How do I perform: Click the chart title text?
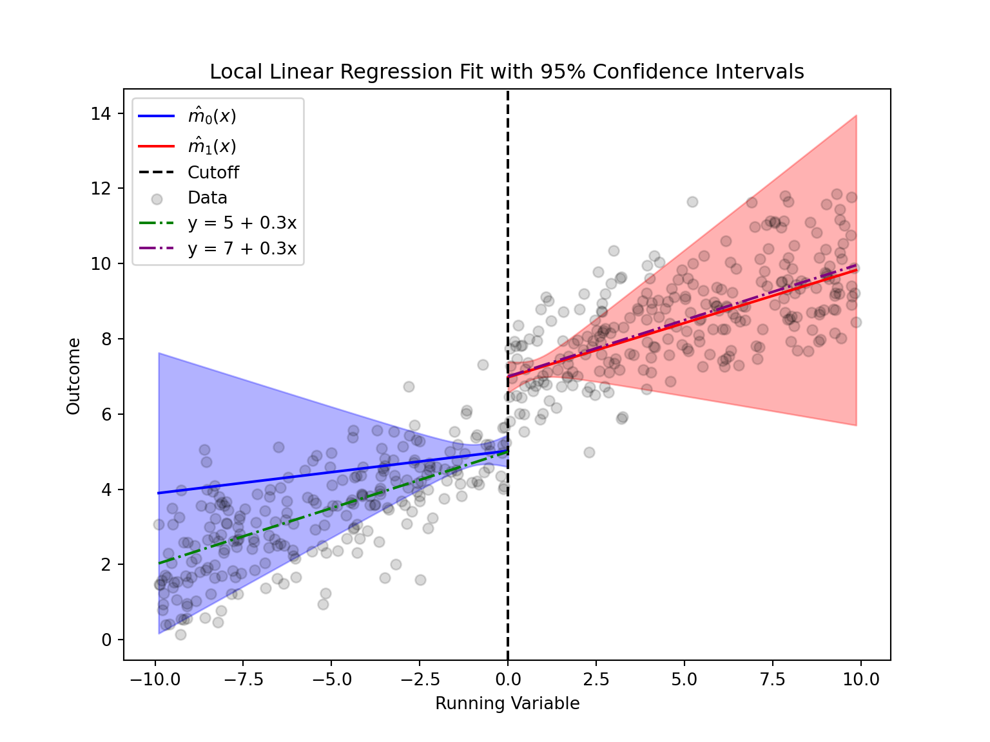[x=507, y=71]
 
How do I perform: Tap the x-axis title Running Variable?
[x=507, y=703]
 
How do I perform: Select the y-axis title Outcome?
[x=73, y=376]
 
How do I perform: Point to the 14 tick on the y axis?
[x=101, y=114]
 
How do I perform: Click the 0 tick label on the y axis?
[x=106, y=640]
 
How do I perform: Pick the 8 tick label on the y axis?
[x=106, y=339]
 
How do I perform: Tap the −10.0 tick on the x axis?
[x=155, y=680]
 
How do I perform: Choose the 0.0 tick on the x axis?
[x=508, y=680]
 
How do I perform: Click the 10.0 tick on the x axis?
[x=861, y=680]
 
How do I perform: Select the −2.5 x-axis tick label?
[x=420, y=680]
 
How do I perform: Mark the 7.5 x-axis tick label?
[x=773, y=680]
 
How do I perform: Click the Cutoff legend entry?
[x=213, y=173]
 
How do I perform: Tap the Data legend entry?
[x=208, y=198]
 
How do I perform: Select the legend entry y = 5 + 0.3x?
[x=242, y=223]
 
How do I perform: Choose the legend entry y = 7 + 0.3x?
[x=242, y=249]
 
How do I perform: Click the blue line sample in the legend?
[x=157, y=117]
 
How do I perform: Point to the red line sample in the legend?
[x=157, y=146]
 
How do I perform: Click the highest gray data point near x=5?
[x=692, y=202]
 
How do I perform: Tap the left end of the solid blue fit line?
[x=159, y=493]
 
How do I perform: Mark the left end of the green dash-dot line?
[x=159, y=564]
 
